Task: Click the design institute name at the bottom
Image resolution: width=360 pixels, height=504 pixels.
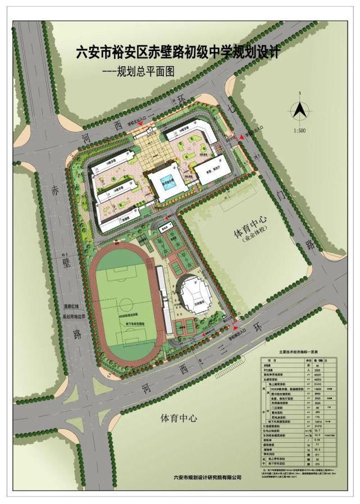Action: coord(207,478)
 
